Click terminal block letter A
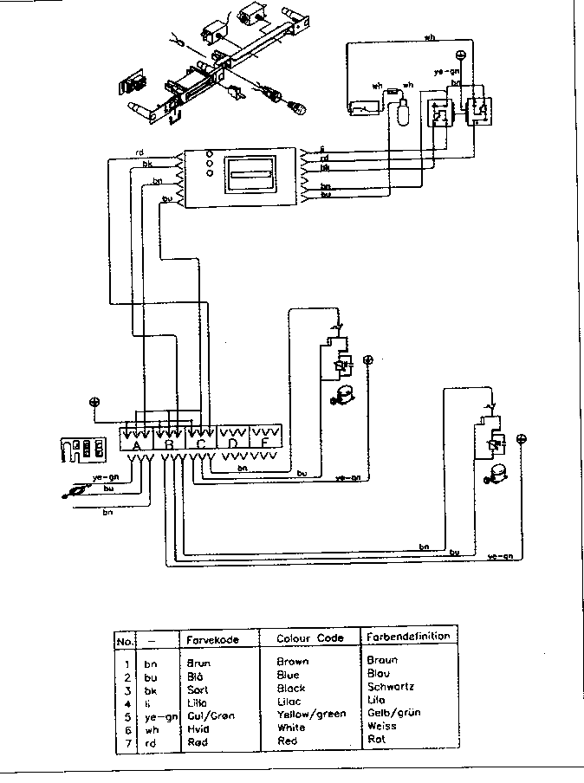135,446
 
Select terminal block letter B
170,446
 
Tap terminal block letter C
201,446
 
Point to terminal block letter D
232,446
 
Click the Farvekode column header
211,638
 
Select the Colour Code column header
309,638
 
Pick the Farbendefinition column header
408,637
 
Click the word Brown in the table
293,661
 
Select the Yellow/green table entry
310,715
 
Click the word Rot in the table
376,741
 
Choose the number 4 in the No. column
127,702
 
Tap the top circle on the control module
210,153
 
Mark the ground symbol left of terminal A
94,403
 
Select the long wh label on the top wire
429,37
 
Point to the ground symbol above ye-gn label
460,56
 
